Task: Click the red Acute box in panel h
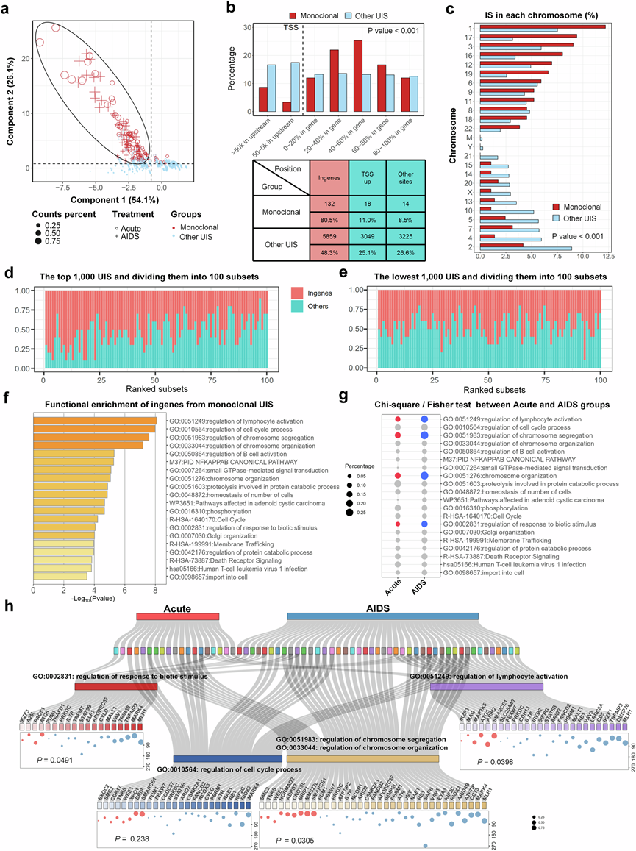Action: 177,616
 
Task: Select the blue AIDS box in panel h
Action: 382,616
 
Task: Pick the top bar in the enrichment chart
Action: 93,421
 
